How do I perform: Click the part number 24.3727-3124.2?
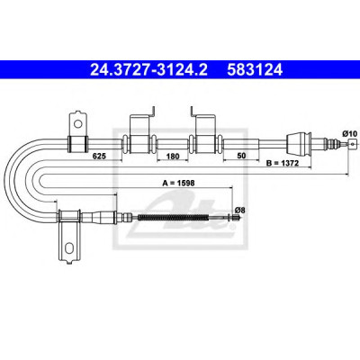click(148, 70)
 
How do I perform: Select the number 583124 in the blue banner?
click(255, 70)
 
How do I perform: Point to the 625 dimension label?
click(99, 156)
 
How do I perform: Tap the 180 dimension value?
click(173, 156)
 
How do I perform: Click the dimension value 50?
click(241, 156)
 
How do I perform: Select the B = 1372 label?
click(282, 163)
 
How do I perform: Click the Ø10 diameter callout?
click(350, 133)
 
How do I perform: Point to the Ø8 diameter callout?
click(240, 211)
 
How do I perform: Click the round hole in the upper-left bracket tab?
click(78, 123)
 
